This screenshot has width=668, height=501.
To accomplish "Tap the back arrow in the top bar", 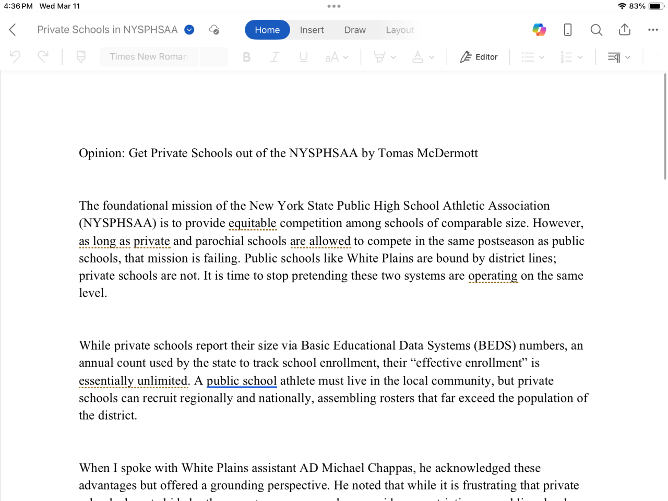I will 13,30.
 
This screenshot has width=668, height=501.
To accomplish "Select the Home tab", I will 267,30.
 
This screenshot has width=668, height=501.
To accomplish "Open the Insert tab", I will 312,30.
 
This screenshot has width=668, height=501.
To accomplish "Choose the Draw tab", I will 355,30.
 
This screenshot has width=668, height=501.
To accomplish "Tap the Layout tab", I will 400,30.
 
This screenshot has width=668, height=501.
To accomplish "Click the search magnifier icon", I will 596,30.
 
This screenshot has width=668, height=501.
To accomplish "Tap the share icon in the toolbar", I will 625,30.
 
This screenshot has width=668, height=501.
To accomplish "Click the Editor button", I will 479,57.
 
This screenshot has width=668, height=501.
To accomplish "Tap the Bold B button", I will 247,57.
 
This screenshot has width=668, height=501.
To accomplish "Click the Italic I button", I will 275,57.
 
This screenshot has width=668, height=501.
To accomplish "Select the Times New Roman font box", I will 148,57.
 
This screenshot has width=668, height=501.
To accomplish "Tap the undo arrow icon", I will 15,56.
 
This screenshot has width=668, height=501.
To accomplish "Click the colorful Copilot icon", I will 539,30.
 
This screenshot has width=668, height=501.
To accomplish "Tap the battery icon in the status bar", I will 655,6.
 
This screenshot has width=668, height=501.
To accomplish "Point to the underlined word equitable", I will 252,223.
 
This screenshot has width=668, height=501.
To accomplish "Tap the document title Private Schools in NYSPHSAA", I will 108,30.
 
